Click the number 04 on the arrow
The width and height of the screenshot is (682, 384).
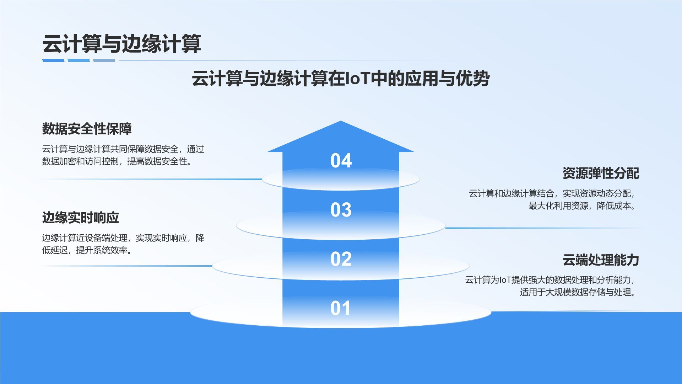coord(341,161)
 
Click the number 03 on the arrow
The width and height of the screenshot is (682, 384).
coord(341,210)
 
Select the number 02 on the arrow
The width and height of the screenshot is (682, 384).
coord(341,259)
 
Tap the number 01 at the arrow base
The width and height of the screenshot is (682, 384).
coord(341,308)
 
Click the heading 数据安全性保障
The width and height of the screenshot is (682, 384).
coord(87,129)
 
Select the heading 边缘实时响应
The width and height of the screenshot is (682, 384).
coord(81,218)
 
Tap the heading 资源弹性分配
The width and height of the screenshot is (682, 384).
coord(601,174)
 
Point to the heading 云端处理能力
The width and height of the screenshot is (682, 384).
coord(601,260)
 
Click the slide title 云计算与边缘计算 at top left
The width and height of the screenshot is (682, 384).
coord(122,44)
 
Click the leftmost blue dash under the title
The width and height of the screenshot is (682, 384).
coord(53,60)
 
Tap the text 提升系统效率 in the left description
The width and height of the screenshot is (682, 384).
coord(102,250)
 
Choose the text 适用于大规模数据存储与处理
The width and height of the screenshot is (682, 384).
coord(575,292)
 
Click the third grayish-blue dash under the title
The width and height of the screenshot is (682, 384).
coord(104,60)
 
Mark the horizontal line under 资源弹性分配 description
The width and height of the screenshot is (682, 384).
coord(543,228)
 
